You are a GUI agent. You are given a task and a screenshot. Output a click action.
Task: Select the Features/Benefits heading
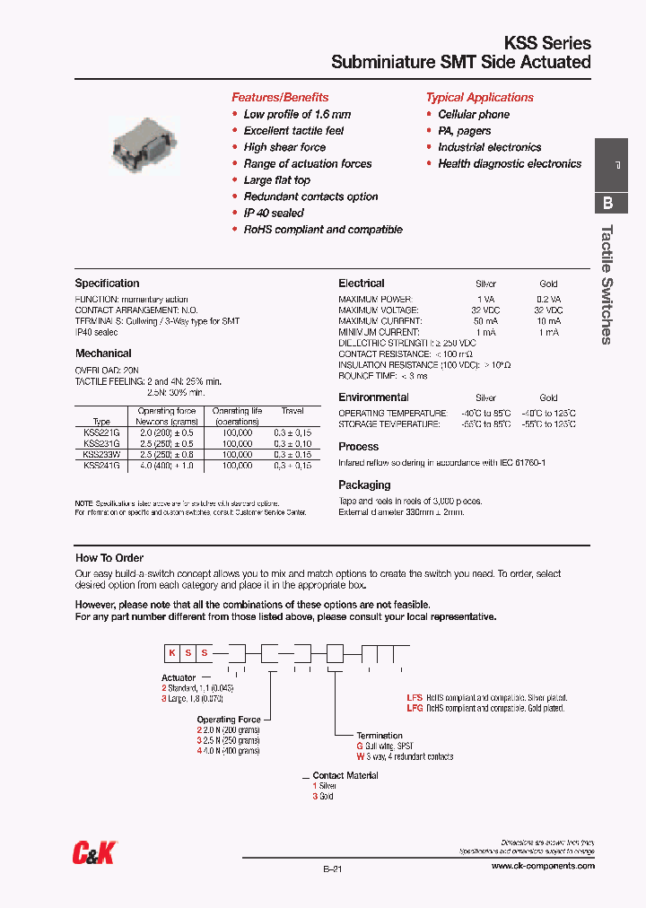pos(280,97)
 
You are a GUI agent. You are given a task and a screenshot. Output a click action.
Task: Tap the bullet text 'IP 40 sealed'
pos(274,213)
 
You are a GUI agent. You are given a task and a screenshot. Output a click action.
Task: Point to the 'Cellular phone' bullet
pos(473,114)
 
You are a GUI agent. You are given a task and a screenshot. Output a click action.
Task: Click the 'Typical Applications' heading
pos(479,97)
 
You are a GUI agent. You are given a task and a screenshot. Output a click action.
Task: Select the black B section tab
pos(608,203)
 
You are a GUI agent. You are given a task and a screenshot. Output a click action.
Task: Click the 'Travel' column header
pos(292,411)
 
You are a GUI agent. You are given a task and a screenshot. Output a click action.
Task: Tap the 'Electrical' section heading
pos(362,284)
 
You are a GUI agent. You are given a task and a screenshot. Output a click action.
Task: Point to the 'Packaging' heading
pos(364,485)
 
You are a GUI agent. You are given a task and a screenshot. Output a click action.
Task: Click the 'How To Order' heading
pos(109,558)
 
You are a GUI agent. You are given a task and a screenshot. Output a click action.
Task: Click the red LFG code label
pos(415,709)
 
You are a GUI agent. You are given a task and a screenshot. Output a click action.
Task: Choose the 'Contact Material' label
pos(345,775)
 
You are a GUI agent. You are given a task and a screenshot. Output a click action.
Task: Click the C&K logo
pos(93,854)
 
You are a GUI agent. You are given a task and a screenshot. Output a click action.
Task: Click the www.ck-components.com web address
pos(543,867)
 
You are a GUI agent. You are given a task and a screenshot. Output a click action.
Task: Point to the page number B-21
pos(331,869)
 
